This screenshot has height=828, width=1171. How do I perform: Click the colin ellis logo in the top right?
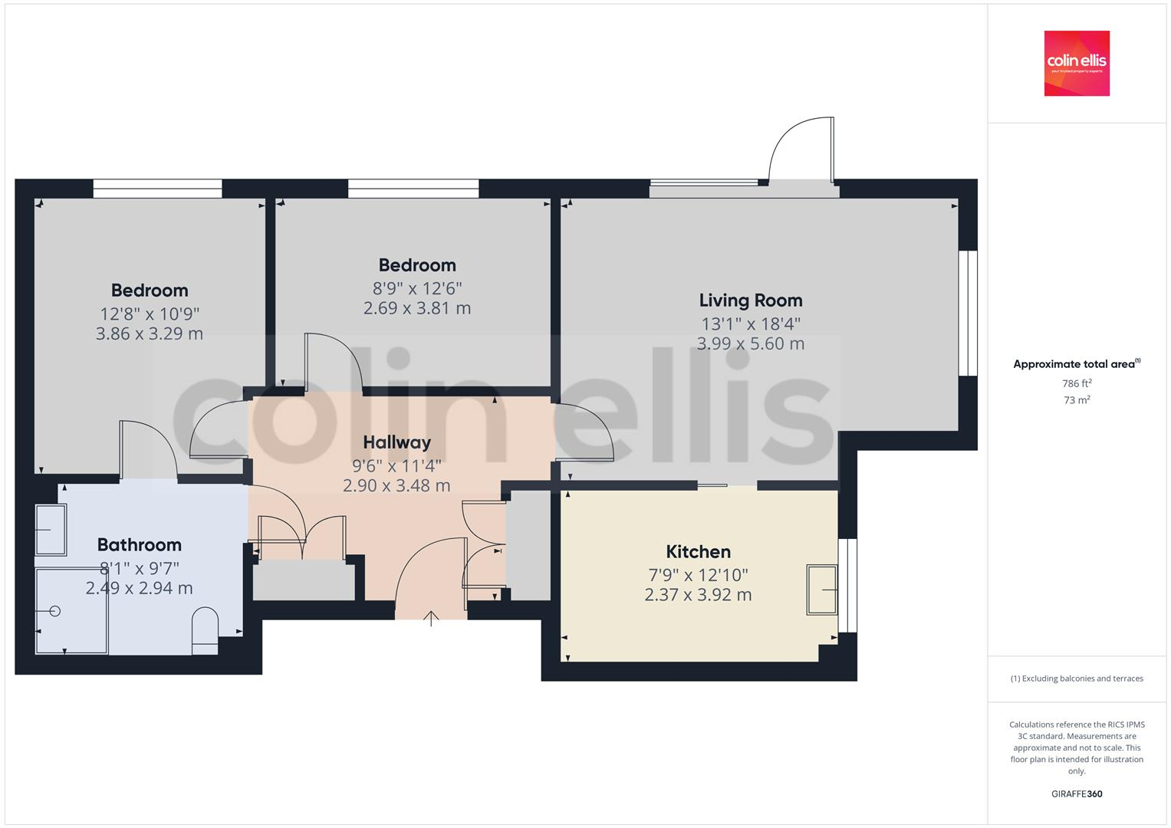coord(1076,63)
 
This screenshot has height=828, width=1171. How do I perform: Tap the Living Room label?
coord(750,301)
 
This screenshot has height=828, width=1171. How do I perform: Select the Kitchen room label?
coord(698,552)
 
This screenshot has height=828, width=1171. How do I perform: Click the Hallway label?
coord(396,442)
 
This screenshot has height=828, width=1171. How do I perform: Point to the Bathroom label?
coord(140,545)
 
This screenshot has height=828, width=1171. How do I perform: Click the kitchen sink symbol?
coord(821,590)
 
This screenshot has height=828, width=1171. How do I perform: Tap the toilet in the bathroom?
coord(205,631)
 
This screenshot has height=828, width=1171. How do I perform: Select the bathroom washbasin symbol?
coord(51,529)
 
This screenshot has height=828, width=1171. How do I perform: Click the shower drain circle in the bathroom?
coord(54,611)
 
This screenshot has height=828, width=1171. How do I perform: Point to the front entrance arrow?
coord(431,617)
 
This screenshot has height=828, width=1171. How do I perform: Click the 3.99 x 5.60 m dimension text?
coord(750,344)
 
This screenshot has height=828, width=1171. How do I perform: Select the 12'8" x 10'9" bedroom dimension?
coord(150,314)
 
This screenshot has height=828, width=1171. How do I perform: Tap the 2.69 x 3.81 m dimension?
coord(417,308)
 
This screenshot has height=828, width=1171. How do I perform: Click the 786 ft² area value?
coord(1077,383)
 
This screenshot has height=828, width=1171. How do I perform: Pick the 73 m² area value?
coord(1077,400)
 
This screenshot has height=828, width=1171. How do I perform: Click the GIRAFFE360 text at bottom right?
coord(1077,794)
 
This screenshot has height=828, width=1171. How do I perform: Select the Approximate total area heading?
coord(1076,364)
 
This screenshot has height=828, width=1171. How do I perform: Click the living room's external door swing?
coord(801,151)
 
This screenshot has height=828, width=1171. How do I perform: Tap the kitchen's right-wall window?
coord(847,586)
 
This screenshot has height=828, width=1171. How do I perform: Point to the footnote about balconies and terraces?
coord(1077,678)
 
